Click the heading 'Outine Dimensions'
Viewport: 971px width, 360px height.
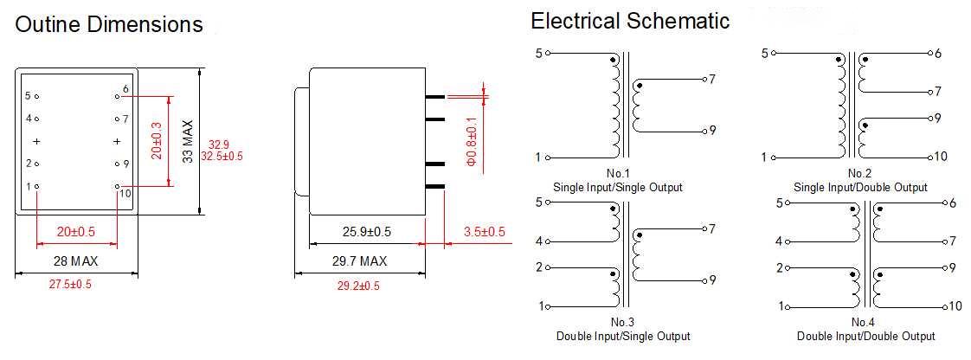coord(109,25)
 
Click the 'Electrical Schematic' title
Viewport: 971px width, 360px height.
coord(630,22)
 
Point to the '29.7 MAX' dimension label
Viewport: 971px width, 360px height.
coord(360,260)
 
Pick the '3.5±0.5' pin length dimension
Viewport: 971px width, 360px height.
coord(484,232)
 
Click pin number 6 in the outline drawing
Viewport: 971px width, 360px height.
coord(126,89)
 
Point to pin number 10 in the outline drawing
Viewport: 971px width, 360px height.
coord(125,192)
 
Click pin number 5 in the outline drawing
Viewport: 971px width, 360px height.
coord(28,96)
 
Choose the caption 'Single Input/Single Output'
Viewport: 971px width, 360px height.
coord(617,187)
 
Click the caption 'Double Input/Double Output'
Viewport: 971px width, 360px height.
coord(866,336)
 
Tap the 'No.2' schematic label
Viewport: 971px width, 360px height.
coord(860,174)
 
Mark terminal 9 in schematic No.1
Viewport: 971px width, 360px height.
coord(712,131)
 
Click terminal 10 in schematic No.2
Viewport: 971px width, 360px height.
coord(942,157)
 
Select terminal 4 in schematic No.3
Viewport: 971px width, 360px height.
coord(538,241)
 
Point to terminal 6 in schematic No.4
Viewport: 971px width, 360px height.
coord(951,203)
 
